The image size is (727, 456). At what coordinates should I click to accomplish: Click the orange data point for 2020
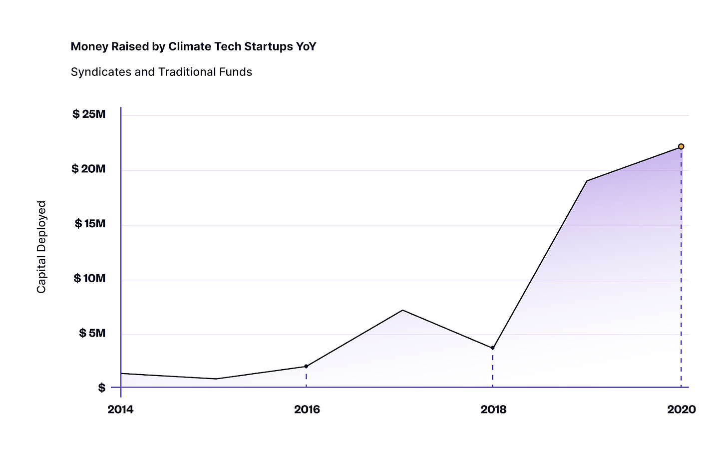681,146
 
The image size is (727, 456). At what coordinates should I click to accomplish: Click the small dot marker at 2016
306,366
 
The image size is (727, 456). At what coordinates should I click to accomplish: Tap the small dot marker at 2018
493,348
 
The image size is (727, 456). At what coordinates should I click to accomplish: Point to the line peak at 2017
402,310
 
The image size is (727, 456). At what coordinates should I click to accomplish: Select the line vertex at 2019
587,181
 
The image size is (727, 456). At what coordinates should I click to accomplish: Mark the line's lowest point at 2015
216,379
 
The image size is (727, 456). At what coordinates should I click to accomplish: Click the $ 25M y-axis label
89,114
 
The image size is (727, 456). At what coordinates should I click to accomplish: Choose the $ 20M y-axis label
88,169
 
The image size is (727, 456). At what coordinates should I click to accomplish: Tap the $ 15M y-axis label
90,224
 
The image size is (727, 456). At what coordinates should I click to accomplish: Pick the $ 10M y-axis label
89,278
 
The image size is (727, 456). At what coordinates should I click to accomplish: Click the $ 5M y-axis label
92,333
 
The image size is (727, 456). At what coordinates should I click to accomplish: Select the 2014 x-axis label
120,410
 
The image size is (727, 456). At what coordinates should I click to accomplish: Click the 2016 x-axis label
307,410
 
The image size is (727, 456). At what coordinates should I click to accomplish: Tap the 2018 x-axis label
493,410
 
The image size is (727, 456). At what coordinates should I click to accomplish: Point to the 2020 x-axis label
681,410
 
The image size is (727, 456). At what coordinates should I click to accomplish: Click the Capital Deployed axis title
41,247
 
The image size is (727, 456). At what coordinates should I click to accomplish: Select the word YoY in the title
306,46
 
